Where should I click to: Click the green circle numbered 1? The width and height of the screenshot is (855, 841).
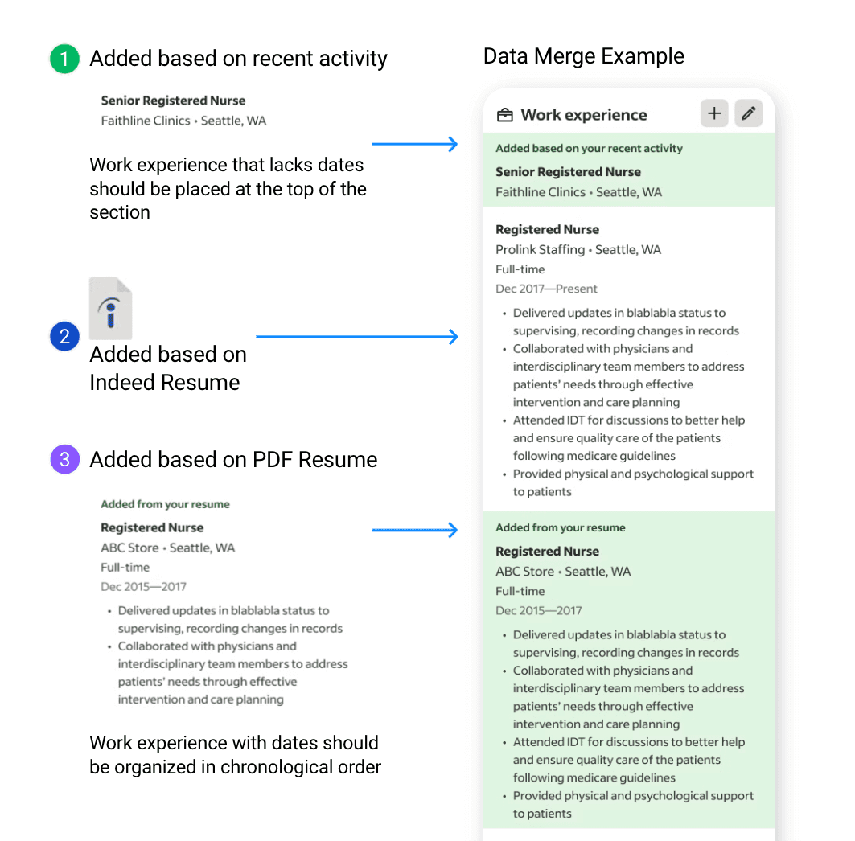tap(64, 59)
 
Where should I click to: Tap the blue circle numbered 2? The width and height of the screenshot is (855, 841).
tap(64, 337)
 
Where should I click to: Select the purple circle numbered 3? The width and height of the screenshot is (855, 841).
tap(64, 460)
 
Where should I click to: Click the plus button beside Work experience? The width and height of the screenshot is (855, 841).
tap(714, 114)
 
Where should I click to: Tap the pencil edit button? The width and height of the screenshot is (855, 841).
tap(748, 114)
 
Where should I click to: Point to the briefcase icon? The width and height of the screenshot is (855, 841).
tap(505, 115)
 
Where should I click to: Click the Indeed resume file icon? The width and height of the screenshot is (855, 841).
tap(111, 308)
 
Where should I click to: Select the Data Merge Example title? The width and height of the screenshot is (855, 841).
tap(583, 56)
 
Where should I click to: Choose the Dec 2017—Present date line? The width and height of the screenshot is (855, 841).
tap(547, 289)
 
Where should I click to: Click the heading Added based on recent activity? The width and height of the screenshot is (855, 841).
tap(238, 59)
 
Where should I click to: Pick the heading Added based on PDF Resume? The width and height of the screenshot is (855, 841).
tap(233, 460)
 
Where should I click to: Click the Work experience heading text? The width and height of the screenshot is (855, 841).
tap(583, 115)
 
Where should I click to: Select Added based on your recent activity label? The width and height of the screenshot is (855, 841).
tap(589, 149)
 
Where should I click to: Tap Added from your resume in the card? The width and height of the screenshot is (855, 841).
tap(560, 528)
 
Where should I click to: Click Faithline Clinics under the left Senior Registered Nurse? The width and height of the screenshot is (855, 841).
tap(146, 121)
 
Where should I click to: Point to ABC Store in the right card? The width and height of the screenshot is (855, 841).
tap(524, 572)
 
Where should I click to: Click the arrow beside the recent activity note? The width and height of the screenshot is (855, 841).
tap(414, 145)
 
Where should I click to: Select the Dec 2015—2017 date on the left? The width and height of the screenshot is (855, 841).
tap(143, 587)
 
